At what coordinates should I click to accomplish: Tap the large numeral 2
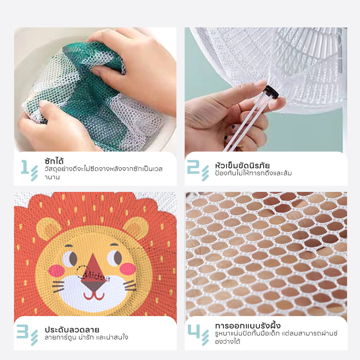[x=193, y=167]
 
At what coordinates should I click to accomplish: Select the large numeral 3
[x=23, y=331]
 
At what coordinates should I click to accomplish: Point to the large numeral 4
[x=194, y=331]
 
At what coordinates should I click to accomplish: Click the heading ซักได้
[x=54, y=161]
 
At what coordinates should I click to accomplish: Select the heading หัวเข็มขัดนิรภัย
[x=242, y=165]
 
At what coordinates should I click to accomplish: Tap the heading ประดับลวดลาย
[x=72, y=330]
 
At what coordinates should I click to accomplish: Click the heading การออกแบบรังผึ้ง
[x=248, y=325]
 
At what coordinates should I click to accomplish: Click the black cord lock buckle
[x=271, y=92]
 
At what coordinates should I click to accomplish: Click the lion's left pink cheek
[x=57, y=270]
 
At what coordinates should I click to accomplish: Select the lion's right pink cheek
[x=128, y=269]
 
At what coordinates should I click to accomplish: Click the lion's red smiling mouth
[x=94, y=296]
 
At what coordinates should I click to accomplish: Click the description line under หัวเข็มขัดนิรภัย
[x=253, y=173]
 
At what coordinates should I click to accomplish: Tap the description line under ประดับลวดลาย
[x=86, y=338]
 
